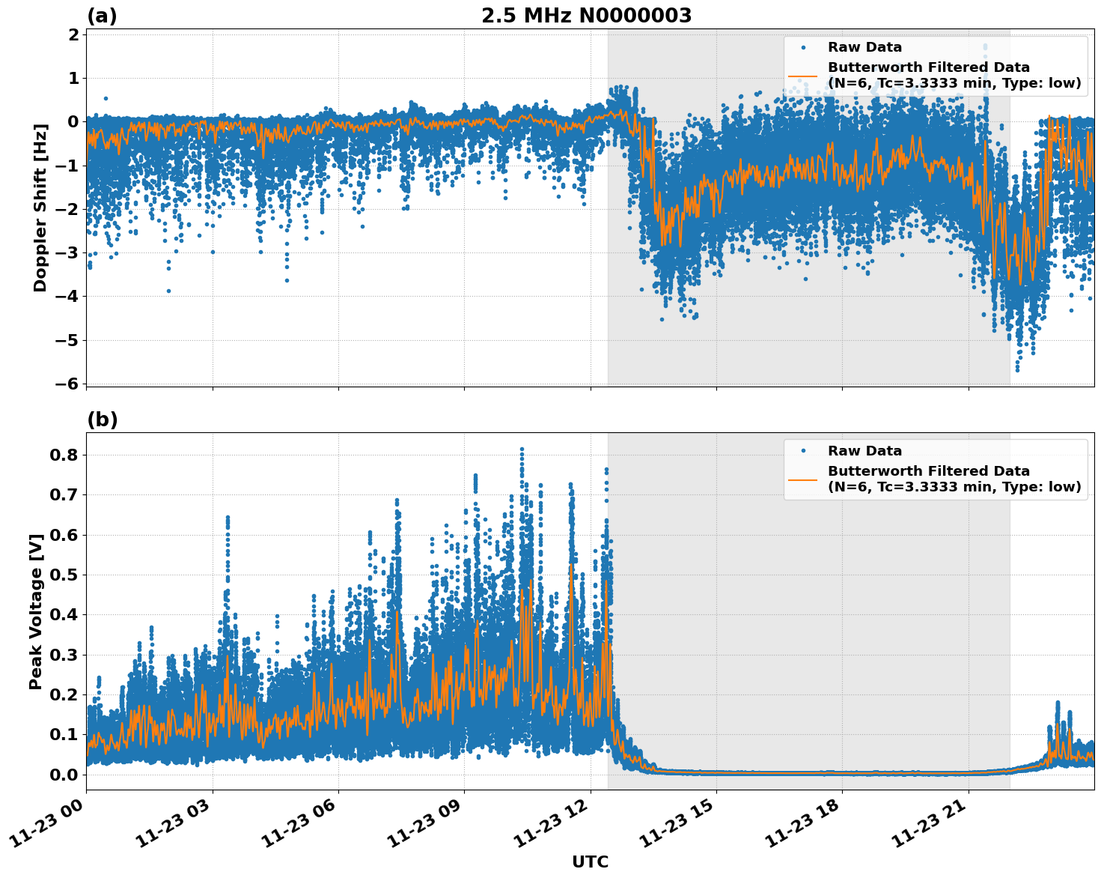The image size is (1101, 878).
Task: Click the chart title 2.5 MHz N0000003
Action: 586,16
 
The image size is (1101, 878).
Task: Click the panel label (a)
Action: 102,16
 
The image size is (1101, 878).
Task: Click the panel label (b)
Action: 102,420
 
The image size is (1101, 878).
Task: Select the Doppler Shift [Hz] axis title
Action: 40,208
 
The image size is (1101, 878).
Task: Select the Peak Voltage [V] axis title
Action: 35,611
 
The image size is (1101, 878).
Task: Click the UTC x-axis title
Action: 590,862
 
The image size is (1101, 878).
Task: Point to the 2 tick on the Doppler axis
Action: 73,34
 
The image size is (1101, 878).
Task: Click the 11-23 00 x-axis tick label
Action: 52,828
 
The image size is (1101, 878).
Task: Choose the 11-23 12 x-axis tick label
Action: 556,828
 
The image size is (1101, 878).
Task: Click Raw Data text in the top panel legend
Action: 864,47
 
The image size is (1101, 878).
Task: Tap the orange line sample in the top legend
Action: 802,75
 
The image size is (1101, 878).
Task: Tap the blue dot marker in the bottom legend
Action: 802,451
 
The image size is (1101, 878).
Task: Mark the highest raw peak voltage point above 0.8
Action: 522,449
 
